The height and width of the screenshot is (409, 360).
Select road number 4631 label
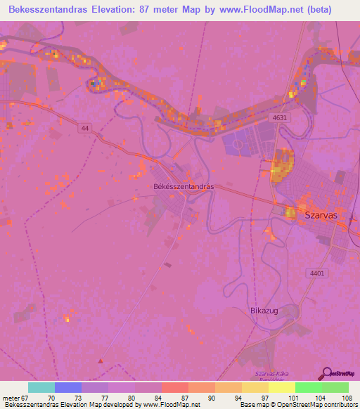pyautogui.click(x=281, y=119)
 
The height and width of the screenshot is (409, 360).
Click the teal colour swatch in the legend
pyautogui.click(x=41, y=387)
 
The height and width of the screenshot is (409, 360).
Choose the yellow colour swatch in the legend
pyautogui.click(x=282, y=387)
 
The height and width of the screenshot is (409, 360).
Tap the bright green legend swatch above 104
pyautogui.click(x=309, y=387)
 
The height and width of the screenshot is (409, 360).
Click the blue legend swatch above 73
pyautogui.click(x=68, y=387)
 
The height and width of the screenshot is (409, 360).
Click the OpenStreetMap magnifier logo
pyautogui.click(x=325, y=373)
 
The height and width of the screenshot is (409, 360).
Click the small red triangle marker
pyautogui.click(x=101, y=361)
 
